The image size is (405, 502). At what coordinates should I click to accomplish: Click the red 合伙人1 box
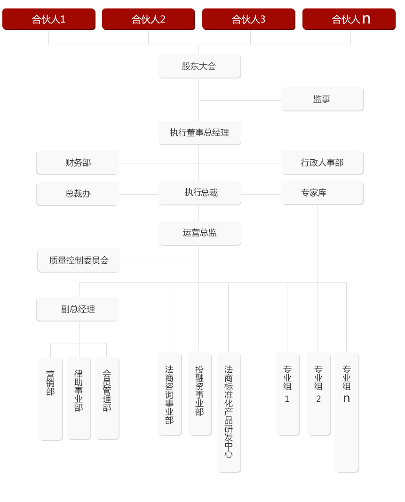pyautogui.click(x=49, y=19)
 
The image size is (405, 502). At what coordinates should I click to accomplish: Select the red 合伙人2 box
pyautogui.click(x=149, y=19)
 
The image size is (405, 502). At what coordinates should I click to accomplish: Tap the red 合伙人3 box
pyautogui.click(x=249, y=19)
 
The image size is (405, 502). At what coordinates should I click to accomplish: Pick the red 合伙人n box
pyautogui.click(x=349, y=19)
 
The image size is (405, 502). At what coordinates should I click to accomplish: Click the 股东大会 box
pyautogui.click(x=199, y=66)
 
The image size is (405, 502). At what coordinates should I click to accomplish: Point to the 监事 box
pyautogui.click(x=322, y=99)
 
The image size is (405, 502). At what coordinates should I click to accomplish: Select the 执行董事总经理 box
pyautogui.click(x=199, y=133)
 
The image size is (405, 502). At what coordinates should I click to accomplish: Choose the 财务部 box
pyautogui.click(x=78, y=163)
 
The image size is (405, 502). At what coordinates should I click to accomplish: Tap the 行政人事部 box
pyautogui.click(x=322, y=163)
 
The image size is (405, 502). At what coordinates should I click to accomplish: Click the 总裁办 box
pyautogui.click(x=78, y=194)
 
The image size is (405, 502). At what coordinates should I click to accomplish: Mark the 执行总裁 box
pyautogui.click(x=199, y=193)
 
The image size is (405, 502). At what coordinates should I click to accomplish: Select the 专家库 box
pyautogui.click(x=322, y=193)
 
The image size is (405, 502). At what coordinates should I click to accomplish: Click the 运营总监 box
pyautogui.click(x=199, y=234)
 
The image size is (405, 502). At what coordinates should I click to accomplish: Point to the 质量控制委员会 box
pyautogui.click(x=79, y=260)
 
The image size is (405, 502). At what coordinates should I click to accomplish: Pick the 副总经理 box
pyautogui.click(x=78, y=309)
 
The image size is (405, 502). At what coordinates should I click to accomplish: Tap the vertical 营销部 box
pyautogui.click(x=51, y=399)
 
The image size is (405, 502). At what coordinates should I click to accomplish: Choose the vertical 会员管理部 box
pyautogui.click(x=107, y=398)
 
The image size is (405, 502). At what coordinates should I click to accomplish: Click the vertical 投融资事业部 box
pyautogui.click(x=199, y=394)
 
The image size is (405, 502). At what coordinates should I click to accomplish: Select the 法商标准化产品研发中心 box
pyautogui.click(x=229, y=413)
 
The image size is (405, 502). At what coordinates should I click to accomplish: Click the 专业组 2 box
pyautogui.click(x=319, y=394)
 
